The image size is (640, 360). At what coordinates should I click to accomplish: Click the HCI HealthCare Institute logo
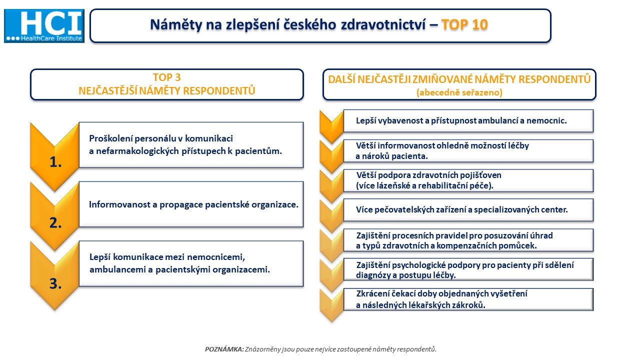point(44,26)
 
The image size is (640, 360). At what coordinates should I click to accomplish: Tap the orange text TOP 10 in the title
point(464,25)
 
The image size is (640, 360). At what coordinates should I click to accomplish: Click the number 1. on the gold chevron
point(55,162)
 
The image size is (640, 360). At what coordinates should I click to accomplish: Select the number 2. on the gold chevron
point(55,223)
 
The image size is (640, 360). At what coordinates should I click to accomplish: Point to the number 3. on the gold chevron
point(55,283)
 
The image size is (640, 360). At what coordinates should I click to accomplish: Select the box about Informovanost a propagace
point(191,204)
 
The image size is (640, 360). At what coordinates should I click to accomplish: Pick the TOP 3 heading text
point(167,77)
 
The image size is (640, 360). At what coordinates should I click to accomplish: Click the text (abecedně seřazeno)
point(459,92)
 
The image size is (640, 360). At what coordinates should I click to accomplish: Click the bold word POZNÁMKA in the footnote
point(224,349)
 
